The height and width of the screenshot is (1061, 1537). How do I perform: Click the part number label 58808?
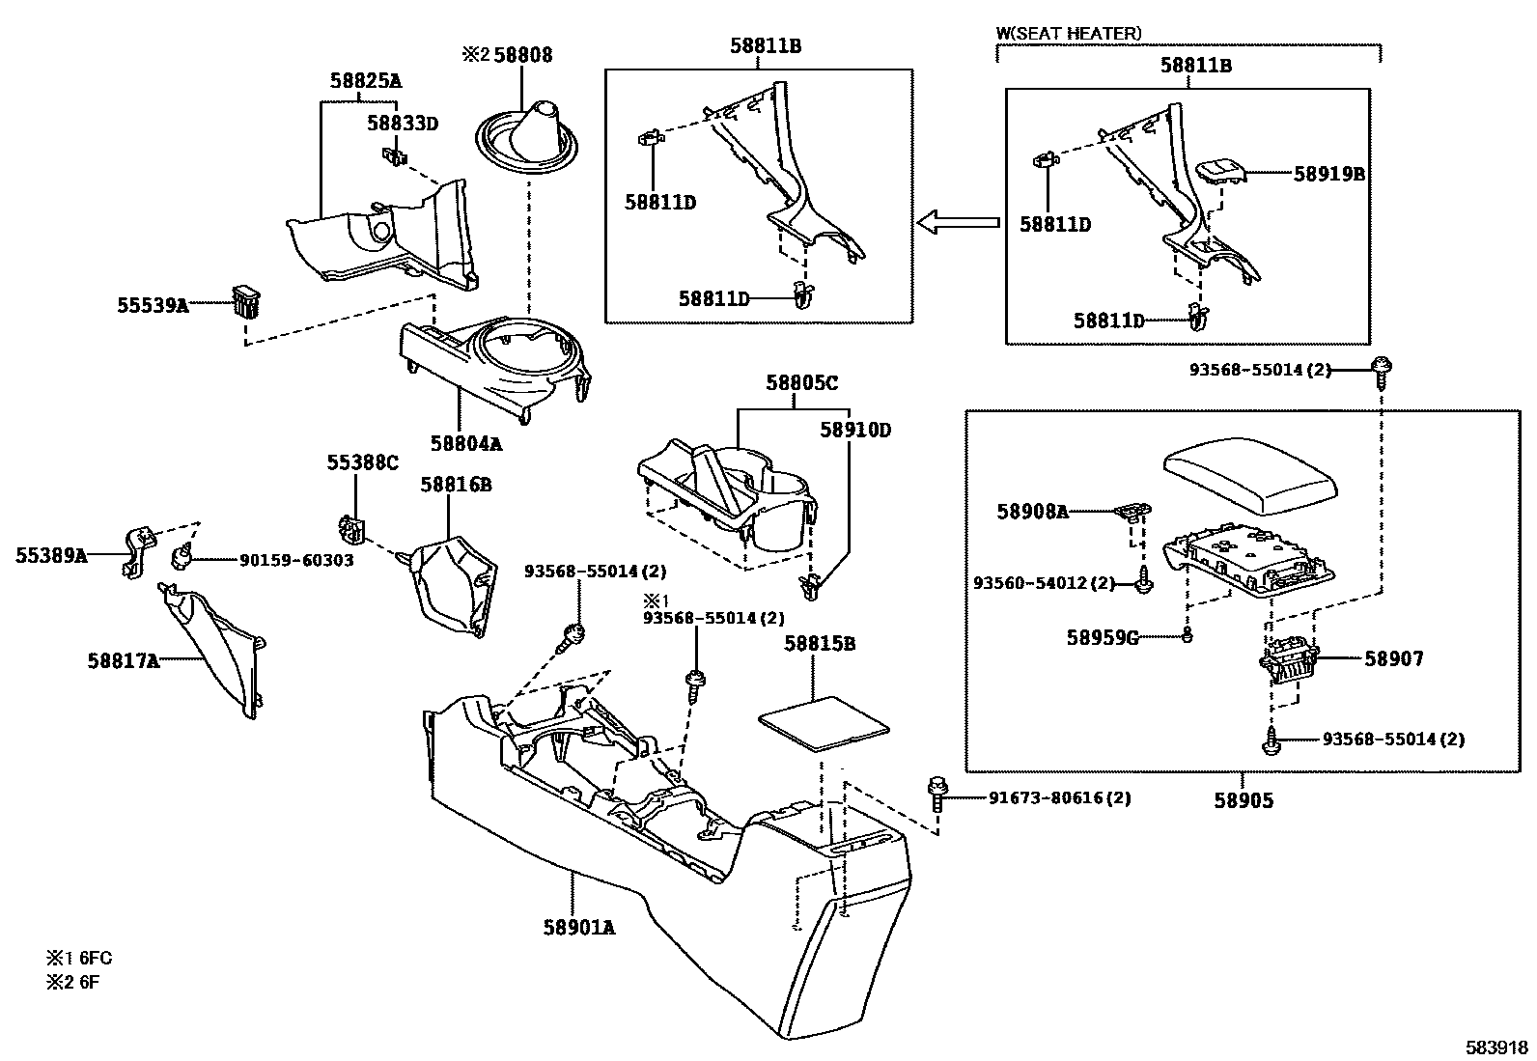[523, 55]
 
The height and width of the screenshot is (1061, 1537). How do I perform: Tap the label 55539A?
[153, 305]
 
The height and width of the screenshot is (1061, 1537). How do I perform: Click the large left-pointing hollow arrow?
[957, 224]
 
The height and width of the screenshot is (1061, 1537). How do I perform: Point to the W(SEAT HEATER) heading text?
[1069, 34]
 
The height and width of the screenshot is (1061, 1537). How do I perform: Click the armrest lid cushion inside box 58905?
[1252, 473]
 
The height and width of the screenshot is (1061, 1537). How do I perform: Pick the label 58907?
[1393, 659]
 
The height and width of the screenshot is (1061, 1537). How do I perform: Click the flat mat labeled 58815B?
[823, 723]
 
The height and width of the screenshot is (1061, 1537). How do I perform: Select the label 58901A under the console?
[578, 928]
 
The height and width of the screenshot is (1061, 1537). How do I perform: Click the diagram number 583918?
[1496, 1047]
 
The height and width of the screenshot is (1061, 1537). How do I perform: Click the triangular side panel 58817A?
[217, 653]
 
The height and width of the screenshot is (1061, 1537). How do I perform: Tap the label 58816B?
[455, 485]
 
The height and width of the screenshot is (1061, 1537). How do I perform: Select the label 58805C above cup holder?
[802, 383]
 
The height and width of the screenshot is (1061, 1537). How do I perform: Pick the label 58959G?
[1103, 637]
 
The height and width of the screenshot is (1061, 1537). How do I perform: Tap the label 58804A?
[466, 443]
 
